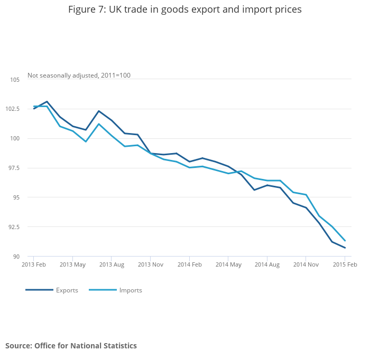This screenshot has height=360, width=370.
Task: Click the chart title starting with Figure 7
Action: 184,10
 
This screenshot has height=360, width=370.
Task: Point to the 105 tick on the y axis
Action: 15,80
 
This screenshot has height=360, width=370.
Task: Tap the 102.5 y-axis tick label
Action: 13,109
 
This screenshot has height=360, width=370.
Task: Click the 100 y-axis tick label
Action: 15,138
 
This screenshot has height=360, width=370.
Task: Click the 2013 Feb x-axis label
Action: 33,264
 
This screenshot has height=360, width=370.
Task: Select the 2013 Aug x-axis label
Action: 112,264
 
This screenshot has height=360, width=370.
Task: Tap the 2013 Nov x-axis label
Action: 150,264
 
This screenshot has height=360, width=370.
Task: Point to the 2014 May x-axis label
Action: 228,264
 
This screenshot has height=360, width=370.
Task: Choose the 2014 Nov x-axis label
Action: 306,264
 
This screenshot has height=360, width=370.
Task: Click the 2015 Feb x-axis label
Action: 344,264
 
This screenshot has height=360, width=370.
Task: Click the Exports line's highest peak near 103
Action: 47,101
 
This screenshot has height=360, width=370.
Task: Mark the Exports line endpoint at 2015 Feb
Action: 345,248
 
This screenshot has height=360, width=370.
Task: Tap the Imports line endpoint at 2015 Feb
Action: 345,241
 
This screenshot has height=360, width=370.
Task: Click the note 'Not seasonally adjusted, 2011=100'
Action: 79,75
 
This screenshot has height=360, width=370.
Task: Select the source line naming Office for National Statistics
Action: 71,346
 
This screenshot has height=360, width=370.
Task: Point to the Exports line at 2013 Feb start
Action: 34,108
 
